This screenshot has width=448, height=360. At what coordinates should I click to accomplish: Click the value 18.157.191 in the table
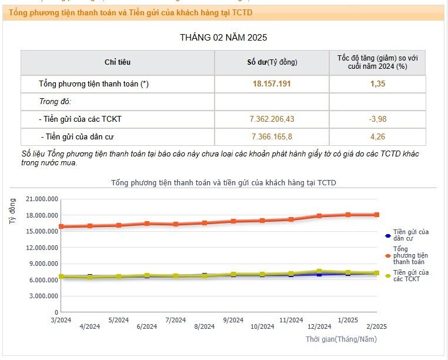tap(272, 84)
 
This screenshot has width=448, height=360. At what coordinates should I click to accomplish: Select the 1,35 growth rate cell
tap(377, 84)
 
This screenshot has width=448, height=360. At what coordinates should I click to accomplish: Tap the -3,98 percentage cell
tap(377, 119)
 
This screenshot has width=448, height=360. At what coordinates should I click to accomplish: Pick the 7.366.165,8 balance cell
tap(272, 136)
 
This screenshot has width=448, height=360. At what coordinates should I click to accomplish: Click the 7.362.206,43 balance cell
tap(272, 119)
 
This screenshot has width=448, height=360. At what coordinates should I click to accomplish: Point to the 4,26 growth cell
tap(377, 136)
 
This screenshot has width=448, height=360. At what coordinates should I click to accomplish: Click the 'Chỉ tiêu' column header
tap(118, 62)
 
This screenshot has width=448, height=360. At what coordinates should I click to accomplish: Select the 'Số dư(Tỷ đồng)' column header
tap(272, 62)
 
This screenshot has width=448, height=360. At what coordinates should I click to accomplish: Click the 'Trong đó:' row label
tap(55, 102)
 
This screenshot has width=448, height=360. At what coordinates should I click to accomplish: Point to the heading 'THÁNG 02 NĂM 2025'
tap(223, 38)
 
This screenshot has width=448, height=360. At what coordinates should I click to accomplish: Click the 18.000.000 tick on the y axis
tap(42, 215)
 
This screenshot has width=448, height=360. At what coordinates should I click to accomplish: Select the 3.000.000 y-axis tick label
tap(44, 296)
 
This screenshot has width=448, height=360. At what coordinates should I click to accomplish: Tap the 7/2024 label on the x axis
tap(176, 320)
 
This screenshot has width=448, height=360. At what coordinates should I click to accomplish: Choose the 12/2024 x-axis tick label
tap(319, 326)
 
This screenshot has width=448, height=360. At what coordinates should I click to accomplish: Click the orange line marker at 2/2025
tap(377, 215)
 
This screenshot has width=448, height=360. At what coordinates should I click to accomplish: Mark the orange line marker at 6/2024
tap(147, 224)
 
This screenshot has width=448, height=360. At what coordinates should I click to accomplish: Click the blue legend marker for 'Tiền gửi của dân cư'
tap(388, 236)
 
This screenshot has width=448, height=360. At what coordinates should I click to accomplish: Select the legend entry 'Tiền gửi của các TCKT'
tap(407, 276)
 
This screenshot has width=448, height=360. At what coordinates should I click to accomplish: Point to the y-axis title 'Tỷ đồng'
tap(12, 211)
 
